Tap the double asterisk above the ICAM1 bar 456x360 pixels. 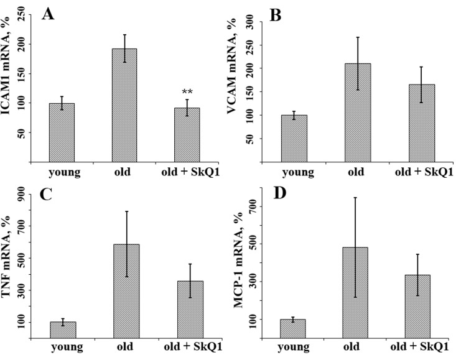(187, 92)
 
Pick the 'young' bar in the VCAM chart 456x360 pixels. (294, 139)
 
